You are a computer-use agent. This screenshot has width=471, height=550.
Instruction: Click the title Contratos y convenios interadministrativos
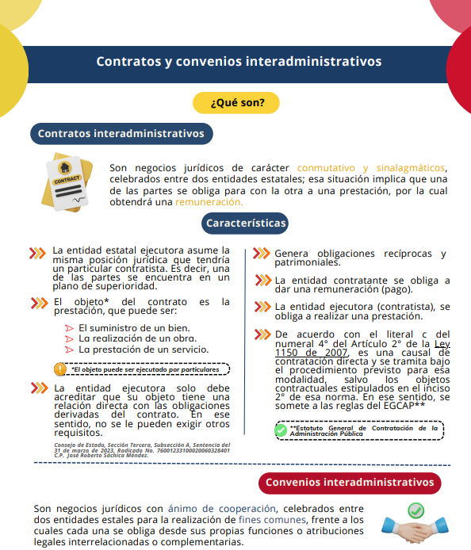[239, 61]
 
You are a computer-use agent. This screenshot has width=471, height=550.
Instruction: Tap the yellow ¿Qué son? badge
[238, 103]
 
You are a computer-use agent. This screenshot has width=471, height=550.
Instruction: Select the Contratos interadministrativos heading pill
[121, 134]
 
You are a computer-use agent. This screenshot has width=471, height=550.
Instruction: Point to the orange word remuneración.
[209, 203]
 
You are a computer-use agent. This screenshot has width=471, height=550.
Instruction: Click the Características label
[245, 223]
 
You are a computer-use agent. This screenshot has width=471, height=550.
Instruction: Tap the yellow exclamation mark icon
[60, 369]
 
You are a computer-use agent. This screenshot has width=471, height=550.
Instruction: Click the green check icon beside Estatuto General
[281, 430]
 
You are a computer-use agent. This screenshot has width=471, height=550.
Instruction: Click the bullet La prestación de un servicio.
[143, 349]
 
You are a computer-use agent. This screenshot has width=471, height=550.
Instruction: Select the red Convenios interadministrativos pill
[350, 483]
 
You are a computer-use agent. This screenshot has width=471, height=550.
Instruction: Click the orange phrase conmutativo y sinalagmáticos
[372, 168]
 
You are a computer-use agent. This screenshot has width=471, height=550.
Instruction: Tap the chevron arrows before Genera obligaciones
[260, 254]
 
